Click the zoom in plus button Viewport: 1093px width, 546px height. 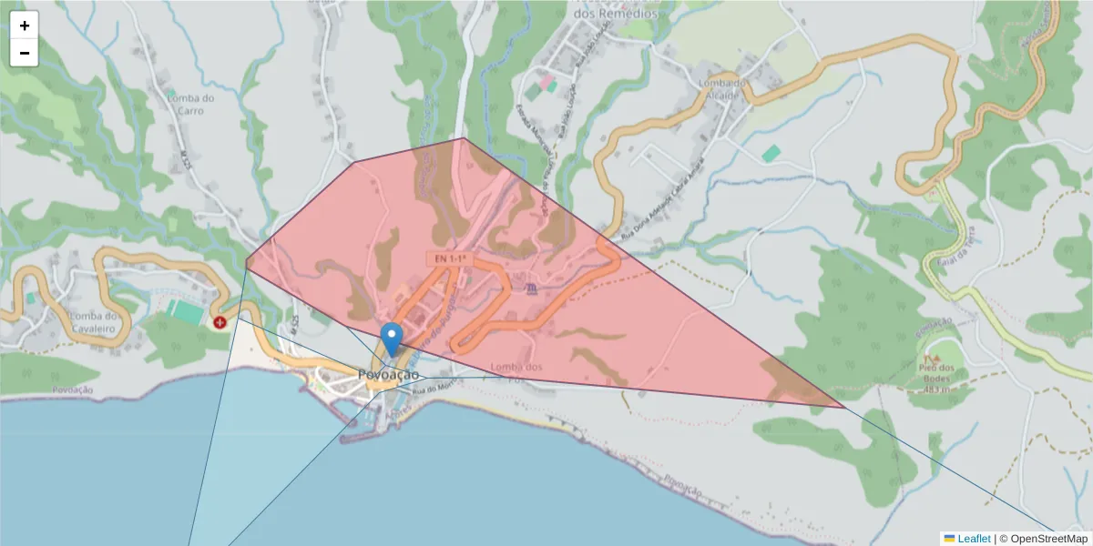click(24, 25)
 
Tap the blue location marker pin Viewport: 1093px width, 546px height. click(392, 339)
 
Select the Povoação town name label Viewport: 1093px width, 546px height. click(389, 375)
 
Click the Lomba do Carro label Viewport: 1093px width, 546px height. click(191, 105)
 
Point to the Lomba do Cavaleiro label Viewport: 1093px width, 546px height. click(95, 322)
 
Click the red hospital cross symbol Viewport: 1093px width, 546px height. click(220, 322)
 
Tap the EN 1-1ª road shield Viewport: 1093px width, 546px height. click(449, 259)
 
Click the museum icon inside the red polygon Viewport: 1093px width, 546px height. click(532, 288)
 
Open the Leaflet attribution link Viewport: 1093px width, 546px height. click(974, 539)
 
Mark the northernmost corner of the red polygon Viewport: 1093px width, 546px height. click(465, 138)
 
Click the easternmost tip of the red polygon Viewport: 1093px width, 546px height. click(843, 407)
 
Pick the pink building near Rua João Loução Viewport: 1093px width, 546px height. click(547, 83)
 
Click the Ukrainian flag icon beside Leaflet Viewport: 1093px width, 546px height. click(949, 539)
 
